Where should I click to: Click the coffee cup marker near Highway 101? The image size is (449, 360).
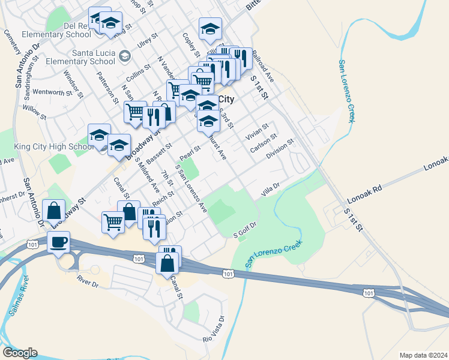tap(58, 242)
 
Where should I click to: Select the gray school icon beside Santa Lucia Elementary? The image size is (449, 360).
tap(124, 56)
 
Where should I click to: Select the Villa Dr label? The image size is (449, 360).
tap(270, 190)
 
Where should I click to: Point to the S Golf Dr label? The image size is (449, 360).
tap(244, 230)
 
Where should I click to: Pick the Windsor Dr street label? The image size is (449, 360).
tap(71, 83)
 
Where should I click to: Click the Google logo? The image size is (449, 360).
tap(20, 353)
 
